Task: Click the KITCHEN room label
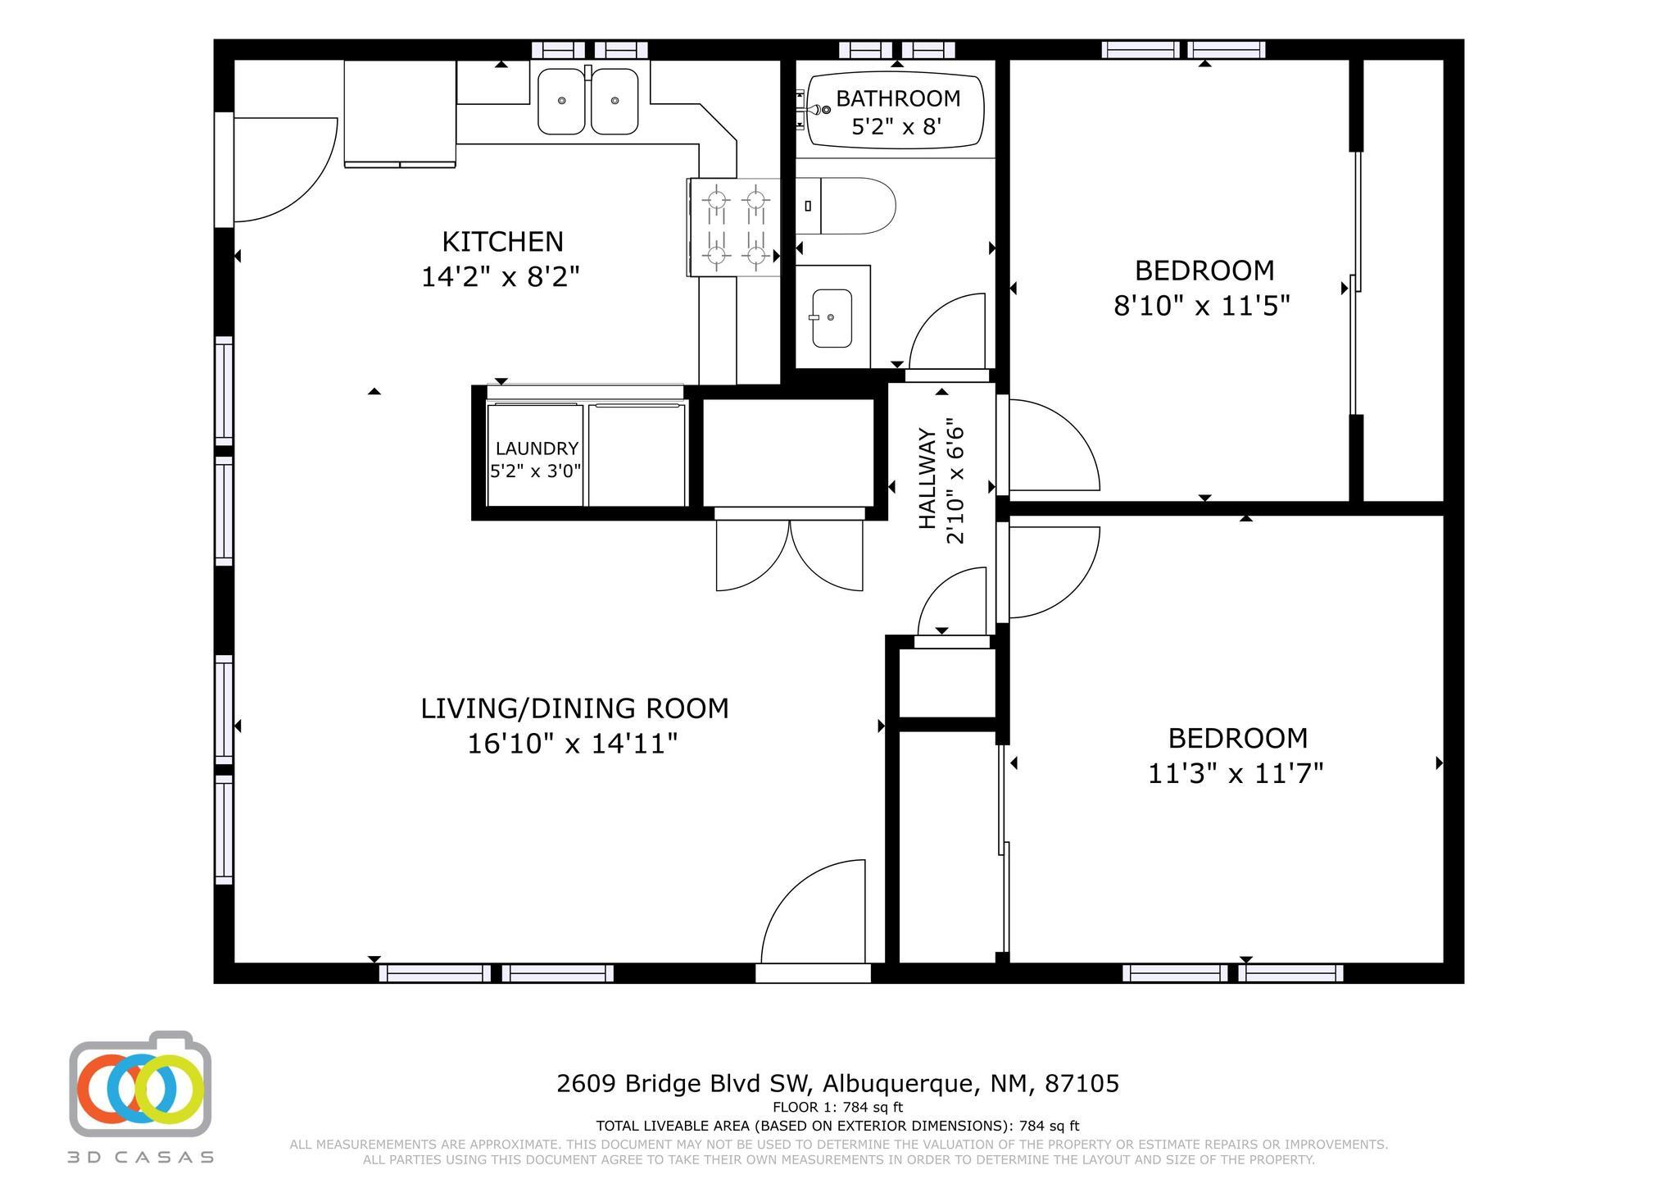pyautogui.click(x=502, y=242)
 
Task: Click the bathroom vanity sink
pyautogui.click(x=832, y=318)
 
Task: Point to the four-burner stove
pyautogui.click(x=735, y=227)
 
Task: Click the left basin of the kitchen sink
pyautogui.click(x=562, y=102)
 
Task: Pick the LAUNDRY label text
pyautogui.click(x=537, y=448)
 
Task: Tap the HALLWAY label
pyautogui.click(x=927, y=479)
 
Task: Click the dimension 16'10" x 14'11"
pyautogui.click(x=573, y=744)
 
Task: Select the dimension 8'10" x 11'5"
pyautogui.click(x=1202, y=306)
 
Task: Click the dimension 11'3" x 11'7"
pyautogui.click(x=1236, y=773)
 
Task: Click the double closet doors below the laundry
pyautogui.click(x=790, y=555)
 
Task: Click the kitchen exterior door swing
pyautogui.click(x=286, y=170)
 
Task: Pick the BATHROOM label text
pyautogui.click(x=898, y=98)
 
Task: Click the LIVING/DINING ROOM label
pyautogui.click(x=574, y=708)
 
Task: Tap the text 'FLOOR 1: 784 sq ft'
pyautogui.click(x=837, y=1108)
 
